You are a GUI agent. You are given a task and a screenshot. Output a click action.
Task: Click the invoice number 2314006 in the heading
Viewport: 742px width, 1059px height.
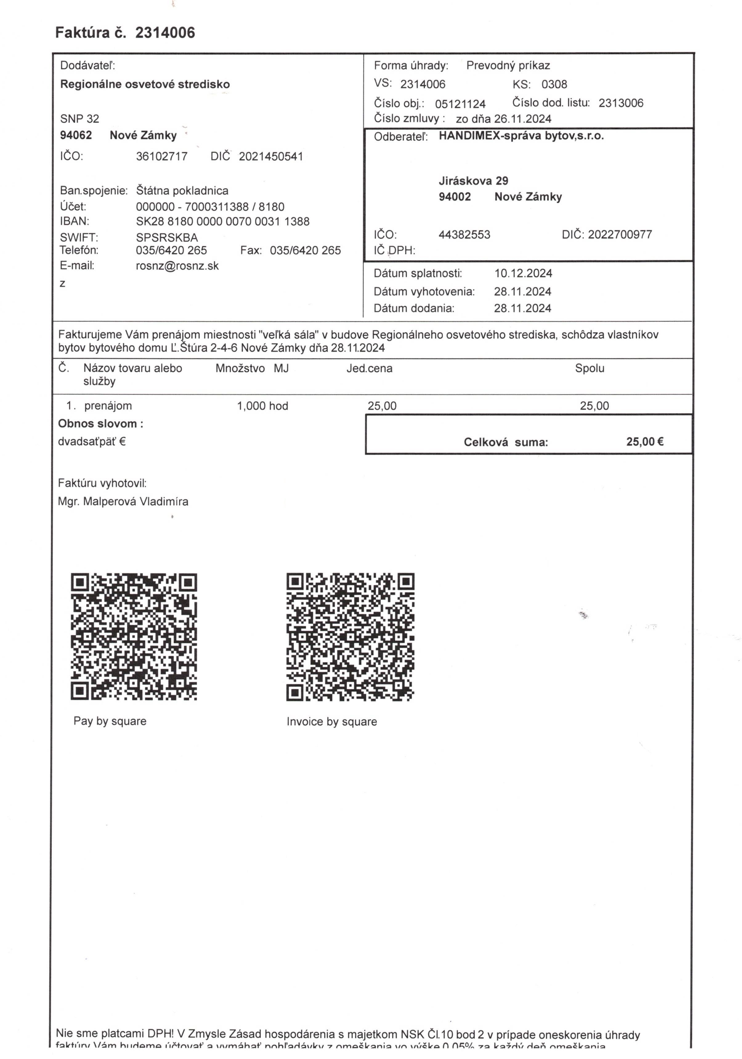[165, 33]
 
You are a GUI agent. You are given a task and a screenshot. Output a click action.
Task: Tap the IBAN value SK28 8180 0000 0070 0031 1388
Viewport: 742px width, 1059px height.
[222, 222]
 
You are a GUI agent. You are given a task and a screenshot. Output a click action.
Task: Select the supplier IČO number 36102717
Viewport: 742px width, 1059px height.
[161, 156]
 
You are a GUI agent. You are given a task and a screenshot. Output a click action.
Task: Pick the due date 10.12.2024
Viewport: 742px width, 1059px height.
[523, 274]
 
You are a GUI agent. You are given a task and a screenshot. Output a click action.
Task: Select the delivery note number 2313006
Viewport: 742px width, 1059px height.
[620, 103]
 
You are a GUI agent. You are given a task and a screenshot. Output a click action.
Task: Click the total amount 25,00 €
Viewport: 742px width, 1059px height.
[644, 442]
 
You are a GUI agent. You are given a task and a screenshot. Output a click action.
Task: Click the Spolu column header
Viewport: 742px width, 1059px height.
[589, 369]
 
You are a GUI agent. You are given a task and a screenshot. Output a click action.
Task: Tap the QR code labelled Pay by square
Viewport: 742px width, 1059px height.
[134, 637]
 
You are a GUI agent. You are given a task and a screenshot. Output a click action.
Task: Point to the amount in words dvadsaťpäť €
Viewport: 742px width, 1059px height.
[92, 442]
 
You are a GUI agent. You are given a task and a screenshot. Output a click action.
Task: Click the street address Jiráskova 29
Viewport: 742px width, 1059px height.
[473, 181]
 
